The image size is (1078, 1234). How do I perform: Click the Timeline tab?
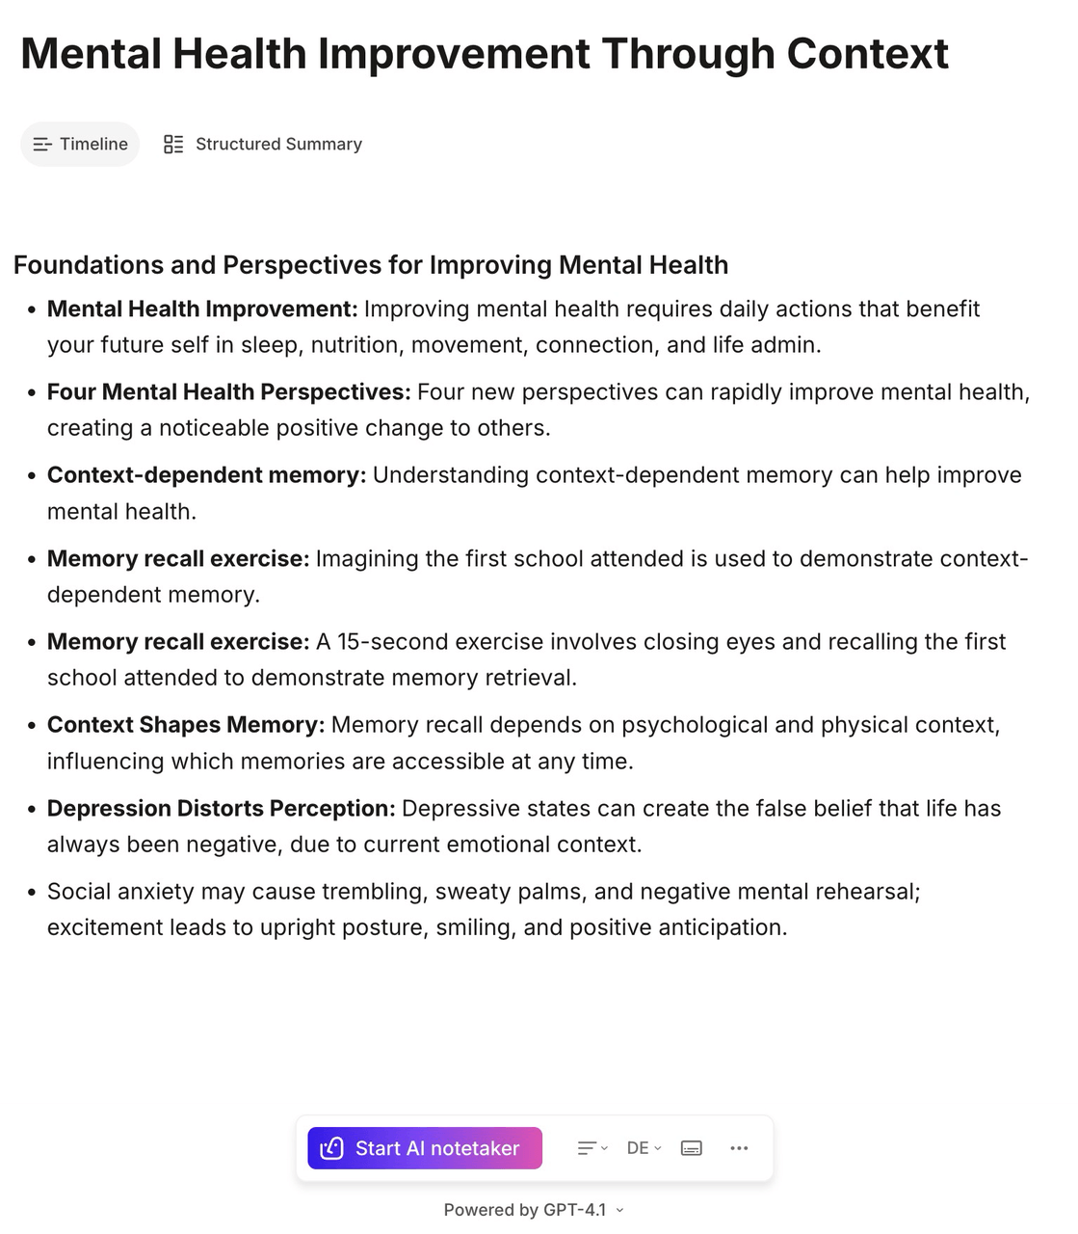[x=80, y=145]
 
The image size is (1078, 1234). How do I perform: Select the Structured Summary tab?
[x=263, y=145]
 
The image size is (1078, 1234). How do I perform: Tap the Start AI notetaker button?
[x=425, y=1148]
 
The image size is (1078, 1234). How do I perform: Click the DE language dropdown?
[x=644, y=1148]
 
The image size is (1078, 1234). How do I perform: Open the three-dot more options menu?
[x=739, y=1148]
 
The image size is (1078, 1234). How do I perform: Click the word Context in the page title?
[x=867, y=54]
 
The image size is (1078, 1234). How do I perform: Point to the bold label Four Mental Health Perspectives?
[x=228, y=392]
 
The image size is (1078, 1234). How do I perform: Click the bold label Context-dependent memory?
[x=206, y=475]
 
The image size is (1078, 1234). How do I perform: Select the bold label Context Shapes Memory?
[x=186, y=725]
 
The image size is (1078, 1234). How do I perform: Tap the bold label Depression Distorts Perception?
[x=222, y=809]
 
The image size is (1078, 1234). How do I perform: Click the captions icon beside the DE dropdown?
[x=691, y=1148]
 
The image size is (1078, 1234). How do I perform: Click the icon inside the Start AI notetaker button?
[x=331, y=1148]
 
